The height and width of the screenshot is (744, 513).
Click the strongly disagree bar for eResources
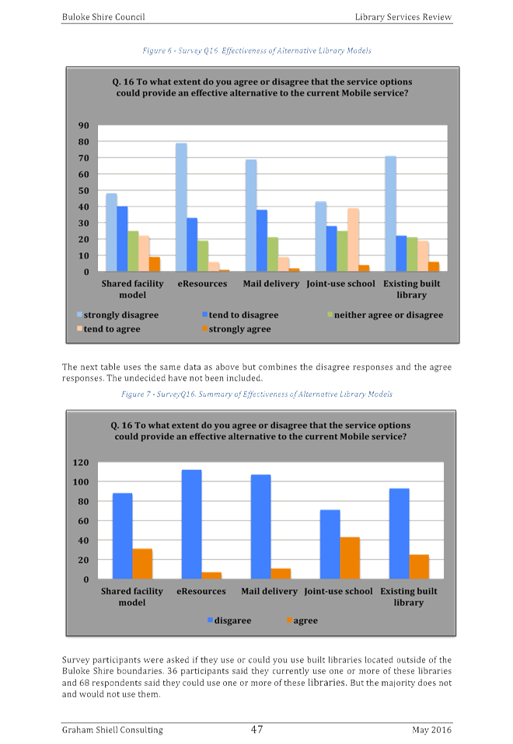(x=181, y=207)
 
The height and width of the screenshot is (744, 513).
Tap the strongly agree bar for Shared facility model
(x=155, y=264)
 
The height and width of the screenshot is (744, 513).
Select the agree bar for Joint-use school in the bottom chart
(x=351, y=558)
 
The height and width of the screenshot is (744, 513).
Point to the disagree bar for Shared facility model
(x=122, y=536)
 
